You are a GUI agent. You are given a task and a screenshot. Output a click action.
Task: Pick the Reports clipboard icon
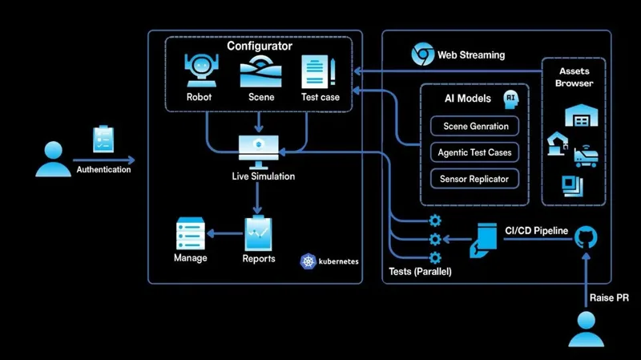[x=259, y=233]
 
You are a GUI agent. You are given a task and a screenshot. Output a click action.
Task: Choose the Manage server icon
[x=191, y=233]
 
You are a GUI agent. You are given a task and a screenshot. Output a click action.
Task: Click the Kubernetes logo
[x=308, y=261]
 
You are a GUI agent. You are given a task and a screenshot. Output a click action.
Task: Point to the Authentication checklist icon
[x=103, y=140]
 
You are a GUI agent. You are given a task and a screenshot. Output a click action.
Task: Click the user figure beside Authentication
[x=53, y=158]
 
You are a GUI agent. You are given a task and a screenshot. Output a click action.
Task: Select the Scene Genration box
[x=475, y=126]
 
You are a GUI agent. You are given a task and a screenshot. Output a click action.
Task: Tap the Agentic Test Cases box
[x=474, y=152]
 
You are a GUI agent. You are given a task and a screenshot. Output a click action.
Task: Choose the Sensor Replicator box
[x=474, y=179]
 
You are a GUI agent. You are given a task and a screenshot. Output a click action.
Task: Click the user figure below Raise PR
[x=586, y=329]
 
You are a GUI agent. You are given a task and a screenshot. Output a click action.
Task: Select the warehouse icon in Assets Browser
[x=577, y=116]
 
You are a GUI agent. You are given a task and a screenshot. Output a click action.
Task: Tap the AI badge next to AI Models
[x=510, y=98]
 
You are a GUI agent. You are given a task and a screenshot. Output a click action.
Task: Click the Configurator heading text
[x=259, y=46]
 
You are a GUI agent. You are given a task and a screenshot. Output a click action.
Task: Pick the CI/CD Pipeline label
[x=536, y=231]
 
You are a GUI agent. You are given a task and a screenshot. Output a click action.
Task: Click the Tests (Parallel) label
[x=420, y=272]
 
